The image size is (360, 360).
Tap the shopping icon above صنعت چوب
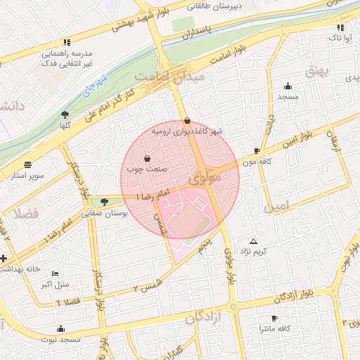coord(147,158)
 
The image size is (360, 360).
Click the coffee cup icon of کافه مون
coord(257,150)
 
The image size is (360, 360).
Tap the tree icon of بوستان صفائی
coord(105,202)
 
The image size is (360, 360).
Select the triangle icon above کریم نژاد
coord(253,240)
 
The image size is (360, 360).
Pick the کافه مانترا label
coord(275,329)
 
